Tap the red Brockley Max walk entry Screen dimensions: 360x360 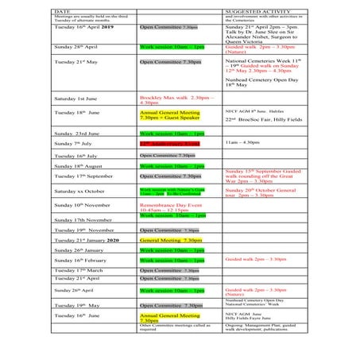point(173,99)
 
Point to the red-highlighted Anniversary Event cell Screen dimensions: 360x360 point(172,144)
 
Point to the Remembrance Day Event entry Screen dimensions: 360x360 point(173,207)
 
